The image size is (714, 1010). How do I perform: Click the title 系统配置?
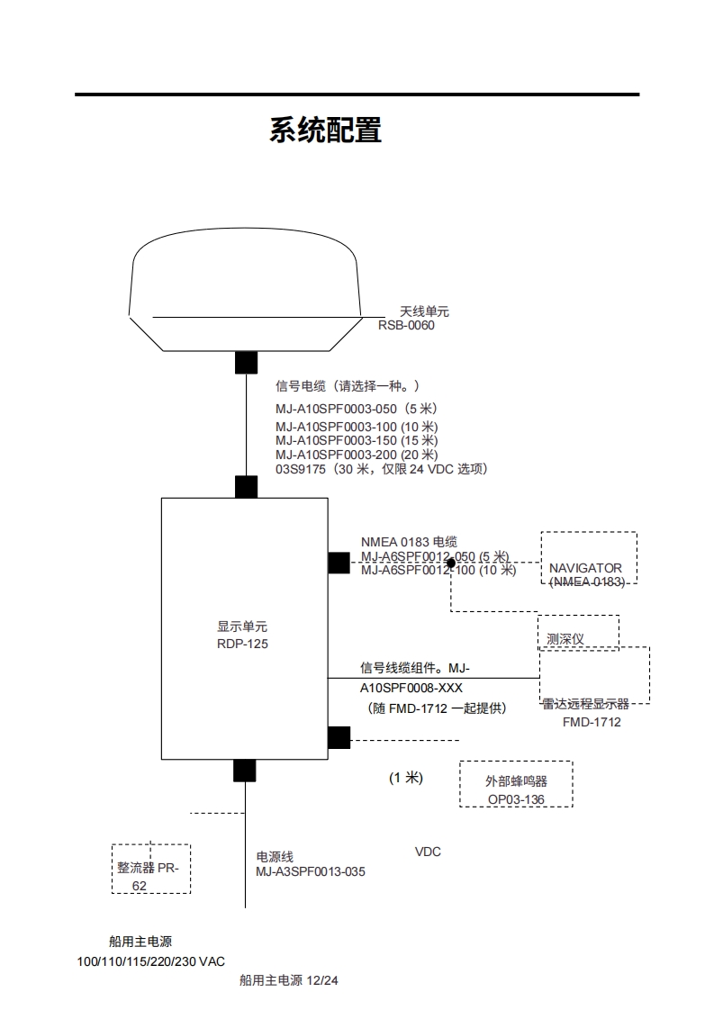[x=325, y=131]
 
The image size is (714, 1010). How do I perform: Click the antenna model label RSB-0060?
[x=406, y=325]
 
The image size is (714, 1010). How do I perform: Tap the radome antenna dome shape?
[x=245, y=279]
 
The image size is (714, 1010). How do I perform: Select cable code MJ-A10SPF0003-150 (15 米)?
[x=356, y=440]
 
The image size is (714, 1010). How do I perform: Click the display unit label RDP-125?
[x=242, y=644]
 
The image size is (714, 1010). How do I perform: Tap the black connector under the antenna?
[x=246, y=362]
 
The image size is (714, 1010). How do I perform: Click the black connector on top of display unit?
[x=246, y=487]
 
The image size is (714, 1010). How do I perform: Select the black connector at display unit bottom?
[x=244, y=771]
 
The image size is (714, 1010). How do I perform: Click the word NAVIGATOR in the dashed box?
[x=585, y=568]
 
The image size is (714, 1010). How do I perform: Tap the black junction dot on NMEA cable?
[x=450, y=563]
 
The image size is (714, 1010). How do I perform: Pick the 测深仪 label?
[x=565, y=638]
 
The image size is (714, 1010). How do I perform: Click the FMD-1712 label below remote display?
[x=592, y=722]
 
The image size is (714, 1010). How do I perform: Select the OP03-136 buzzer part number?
[x=516, y=799]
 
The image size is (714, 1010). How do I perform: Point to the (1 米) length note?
[x=405, y=778]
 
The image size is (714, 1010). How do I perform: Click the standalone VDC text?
[x=428, y=852]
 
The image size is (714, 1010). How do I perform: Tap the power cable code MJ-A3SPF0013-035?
[x=311, y=871]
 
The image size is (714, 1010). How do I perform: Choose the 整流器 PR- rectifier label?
[x=148, y=868]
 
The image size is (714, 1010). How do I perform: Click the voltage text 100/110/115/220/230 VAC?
[x=151, y=961]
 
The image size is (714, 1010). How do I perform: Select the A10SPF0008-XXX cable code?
[x=411, y=688]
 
